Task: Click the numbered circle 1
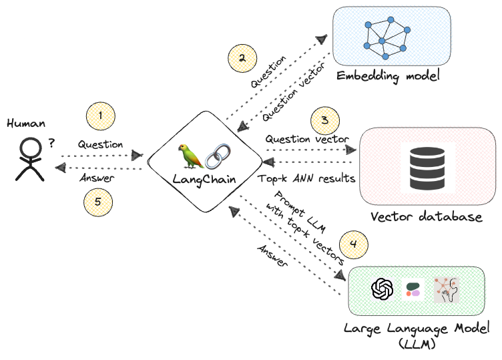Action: coord(100,117)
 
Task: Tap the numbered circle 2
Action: coord(242,57)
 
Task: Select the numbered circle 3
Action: coord(324,121)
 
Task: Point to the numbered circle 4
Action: coord(354,244)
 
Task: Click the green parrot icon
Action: coord(193,156)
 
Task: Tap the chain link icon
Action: coord(217,156)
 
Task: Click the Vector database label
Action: coord(426,217)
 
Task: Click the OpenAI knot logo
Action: coord(382,290)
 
